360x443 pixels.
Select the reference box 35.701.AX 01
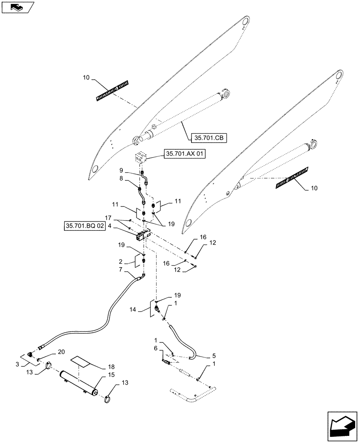(x=186, y=154)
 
